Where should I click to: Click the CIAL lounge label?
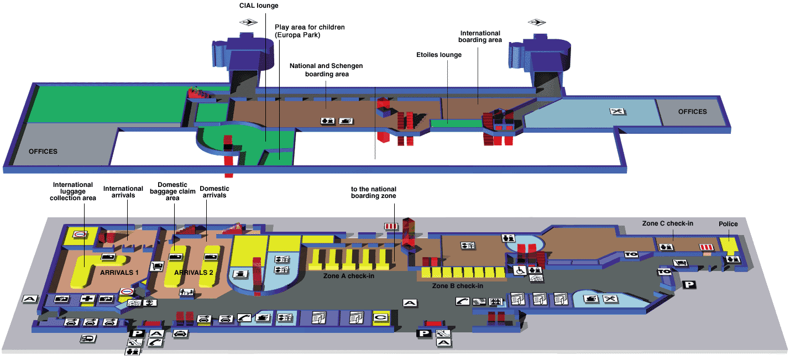coord(259,6)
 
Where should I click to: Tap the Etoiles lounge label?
coord(438,55)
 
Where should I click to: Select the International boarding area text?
coord(480,36)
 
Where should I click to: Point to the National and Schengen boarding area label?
coord(326,70)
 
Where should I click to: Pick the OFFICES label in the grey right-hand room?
coord(692,112)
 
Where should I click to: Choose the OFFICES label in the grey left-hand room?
coord(43,152)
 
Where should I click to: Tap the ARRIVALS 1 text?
coord(119,273)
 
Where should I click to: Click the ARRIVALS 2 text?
coord(193,273)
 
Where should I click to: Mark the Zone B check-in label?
coord(457,286)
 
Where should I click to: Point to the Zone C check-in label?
coord(667,223)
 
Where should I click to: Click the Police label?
coord(728,224)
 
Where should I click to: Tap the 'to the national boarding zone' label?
coord(374,192)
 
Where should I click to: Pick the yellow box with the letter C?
coord(381,317)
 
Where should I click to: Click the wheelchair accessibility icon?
coord(520,270)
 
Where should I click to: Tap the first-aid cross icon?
coord(87,299)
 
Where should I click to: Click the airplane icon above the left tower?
coord(249,22)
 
